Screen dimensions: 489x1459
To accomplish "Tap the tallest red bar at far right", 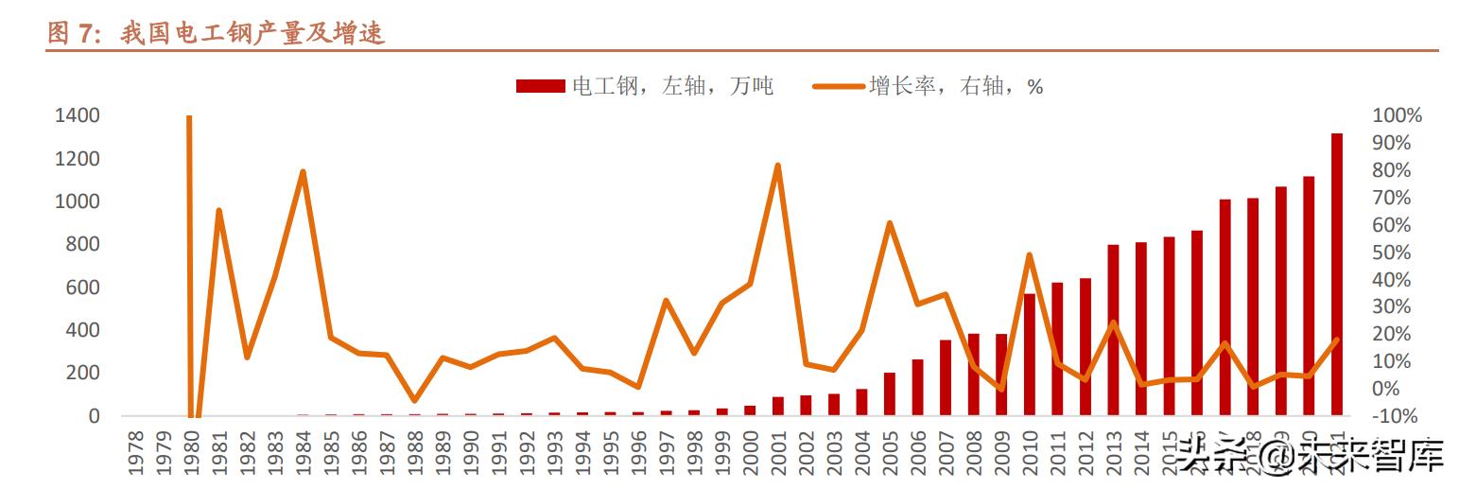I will pos(1336,274).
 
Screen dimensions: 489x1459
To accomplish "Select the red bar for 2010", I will pos(1029,355).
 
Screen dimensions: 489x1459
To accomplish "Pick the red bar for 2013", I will pos(1113,330).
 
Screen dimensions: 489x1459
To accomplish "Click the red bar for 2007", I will pos(945,377).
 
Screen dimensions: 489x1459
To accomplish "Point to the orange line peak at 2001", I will pos(777,166).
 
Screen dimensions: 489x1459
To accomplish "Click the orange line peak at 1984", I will pos(303,172).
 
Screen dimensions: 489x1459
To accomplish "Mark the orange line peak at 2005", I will pos(889,223).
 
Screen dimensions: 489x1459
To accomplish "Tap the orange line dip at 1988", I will pos(414,400).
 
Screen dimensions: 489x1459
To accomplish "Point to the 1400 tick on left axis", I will pos(77,115).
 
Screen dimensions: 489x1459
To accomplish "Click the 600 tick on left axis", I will pos(80,288).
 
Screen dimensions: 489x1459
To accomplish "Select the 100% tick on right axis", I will pos(1397,115).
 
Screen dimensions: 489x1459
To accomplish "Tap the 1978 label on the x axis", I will pos(135,453).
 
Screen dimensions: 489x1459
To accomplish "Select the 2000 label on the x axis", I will pos(750,453).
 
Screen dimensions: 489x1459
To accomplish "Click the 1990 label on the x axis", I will pos(471,453).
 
